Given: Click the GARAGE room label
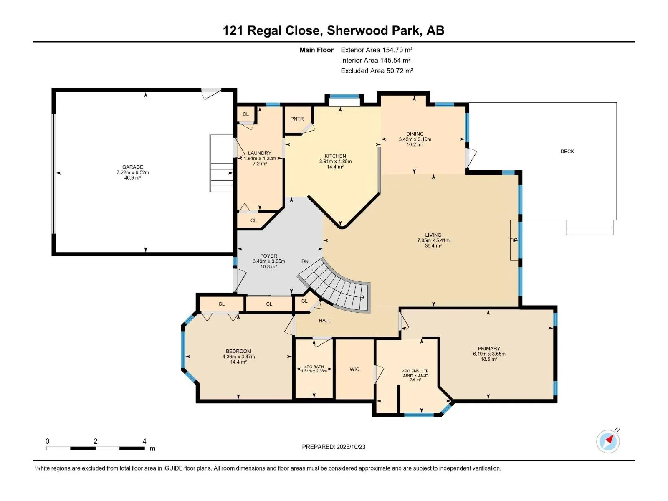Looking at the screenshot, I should [x=132, y=167].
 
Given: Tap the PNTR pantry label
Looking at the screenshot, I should [x=297, y=119].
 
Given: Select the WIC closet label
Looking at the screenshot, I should [x=354, y=369].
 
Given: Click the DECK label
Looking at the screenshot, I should [x=567, y=152].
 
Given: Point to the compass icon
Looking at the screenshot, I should [x=608, y=441].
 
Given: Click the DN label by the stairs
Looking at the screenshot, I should [x=305, y=261].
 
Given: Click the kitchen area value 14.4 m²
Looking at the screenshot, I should [x=335, y=167].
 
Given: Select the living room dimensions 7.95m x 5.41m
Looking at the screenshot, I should [x=433, y=240].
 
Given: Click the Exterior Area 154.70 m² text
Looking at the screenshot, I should [x=376, y=50].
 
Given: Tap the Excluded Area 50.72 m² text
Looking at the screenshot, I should [x=377, y=71].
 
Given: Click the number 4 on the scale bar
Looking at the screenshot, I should [x=144, y=441].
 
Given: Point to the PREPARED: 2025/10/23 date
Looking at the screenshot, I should [x=334, y=447].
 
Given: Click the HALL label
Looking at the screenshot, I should [x=324, y=321].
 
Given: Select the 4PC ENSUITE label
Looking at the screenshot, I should [x=415, y=371].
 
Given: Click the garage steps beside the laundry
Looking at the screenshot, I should [x=222, y=177].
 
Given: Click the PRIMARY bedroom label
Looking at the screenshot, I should [x=488, y=349].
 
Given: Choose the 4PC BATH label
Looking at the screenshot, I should [x=314, y=367].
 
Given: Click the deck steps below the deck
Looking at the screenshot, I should [x=589, y=228].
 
